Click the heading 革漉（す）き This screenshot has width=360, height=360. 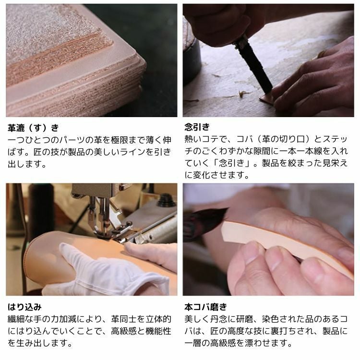point(33,128)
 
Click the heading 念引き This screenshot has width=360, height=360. point(197,127)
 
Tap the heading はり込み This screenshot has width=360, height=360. point(24,307)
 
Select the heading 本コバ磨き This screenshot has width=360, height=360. point(206,307)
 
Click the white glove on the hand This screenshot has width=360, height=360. point(103,271)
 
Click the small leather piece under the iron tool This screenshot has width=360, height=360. point(266,98)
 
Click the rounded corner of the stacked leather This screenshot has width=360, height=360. point(140,64)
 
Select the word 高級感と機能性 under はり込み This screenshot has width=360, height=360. point(141,331)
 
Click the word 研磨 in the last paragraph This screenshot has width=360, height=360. point(244,319)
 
